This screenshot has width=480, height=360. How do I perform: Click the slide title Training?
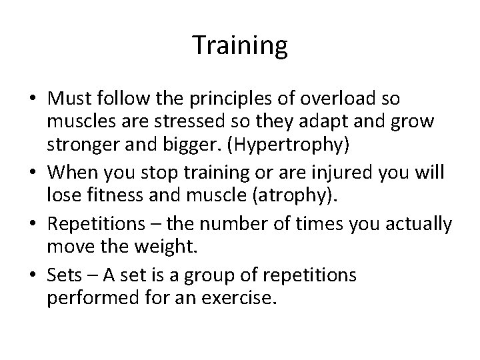(240, 45)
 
